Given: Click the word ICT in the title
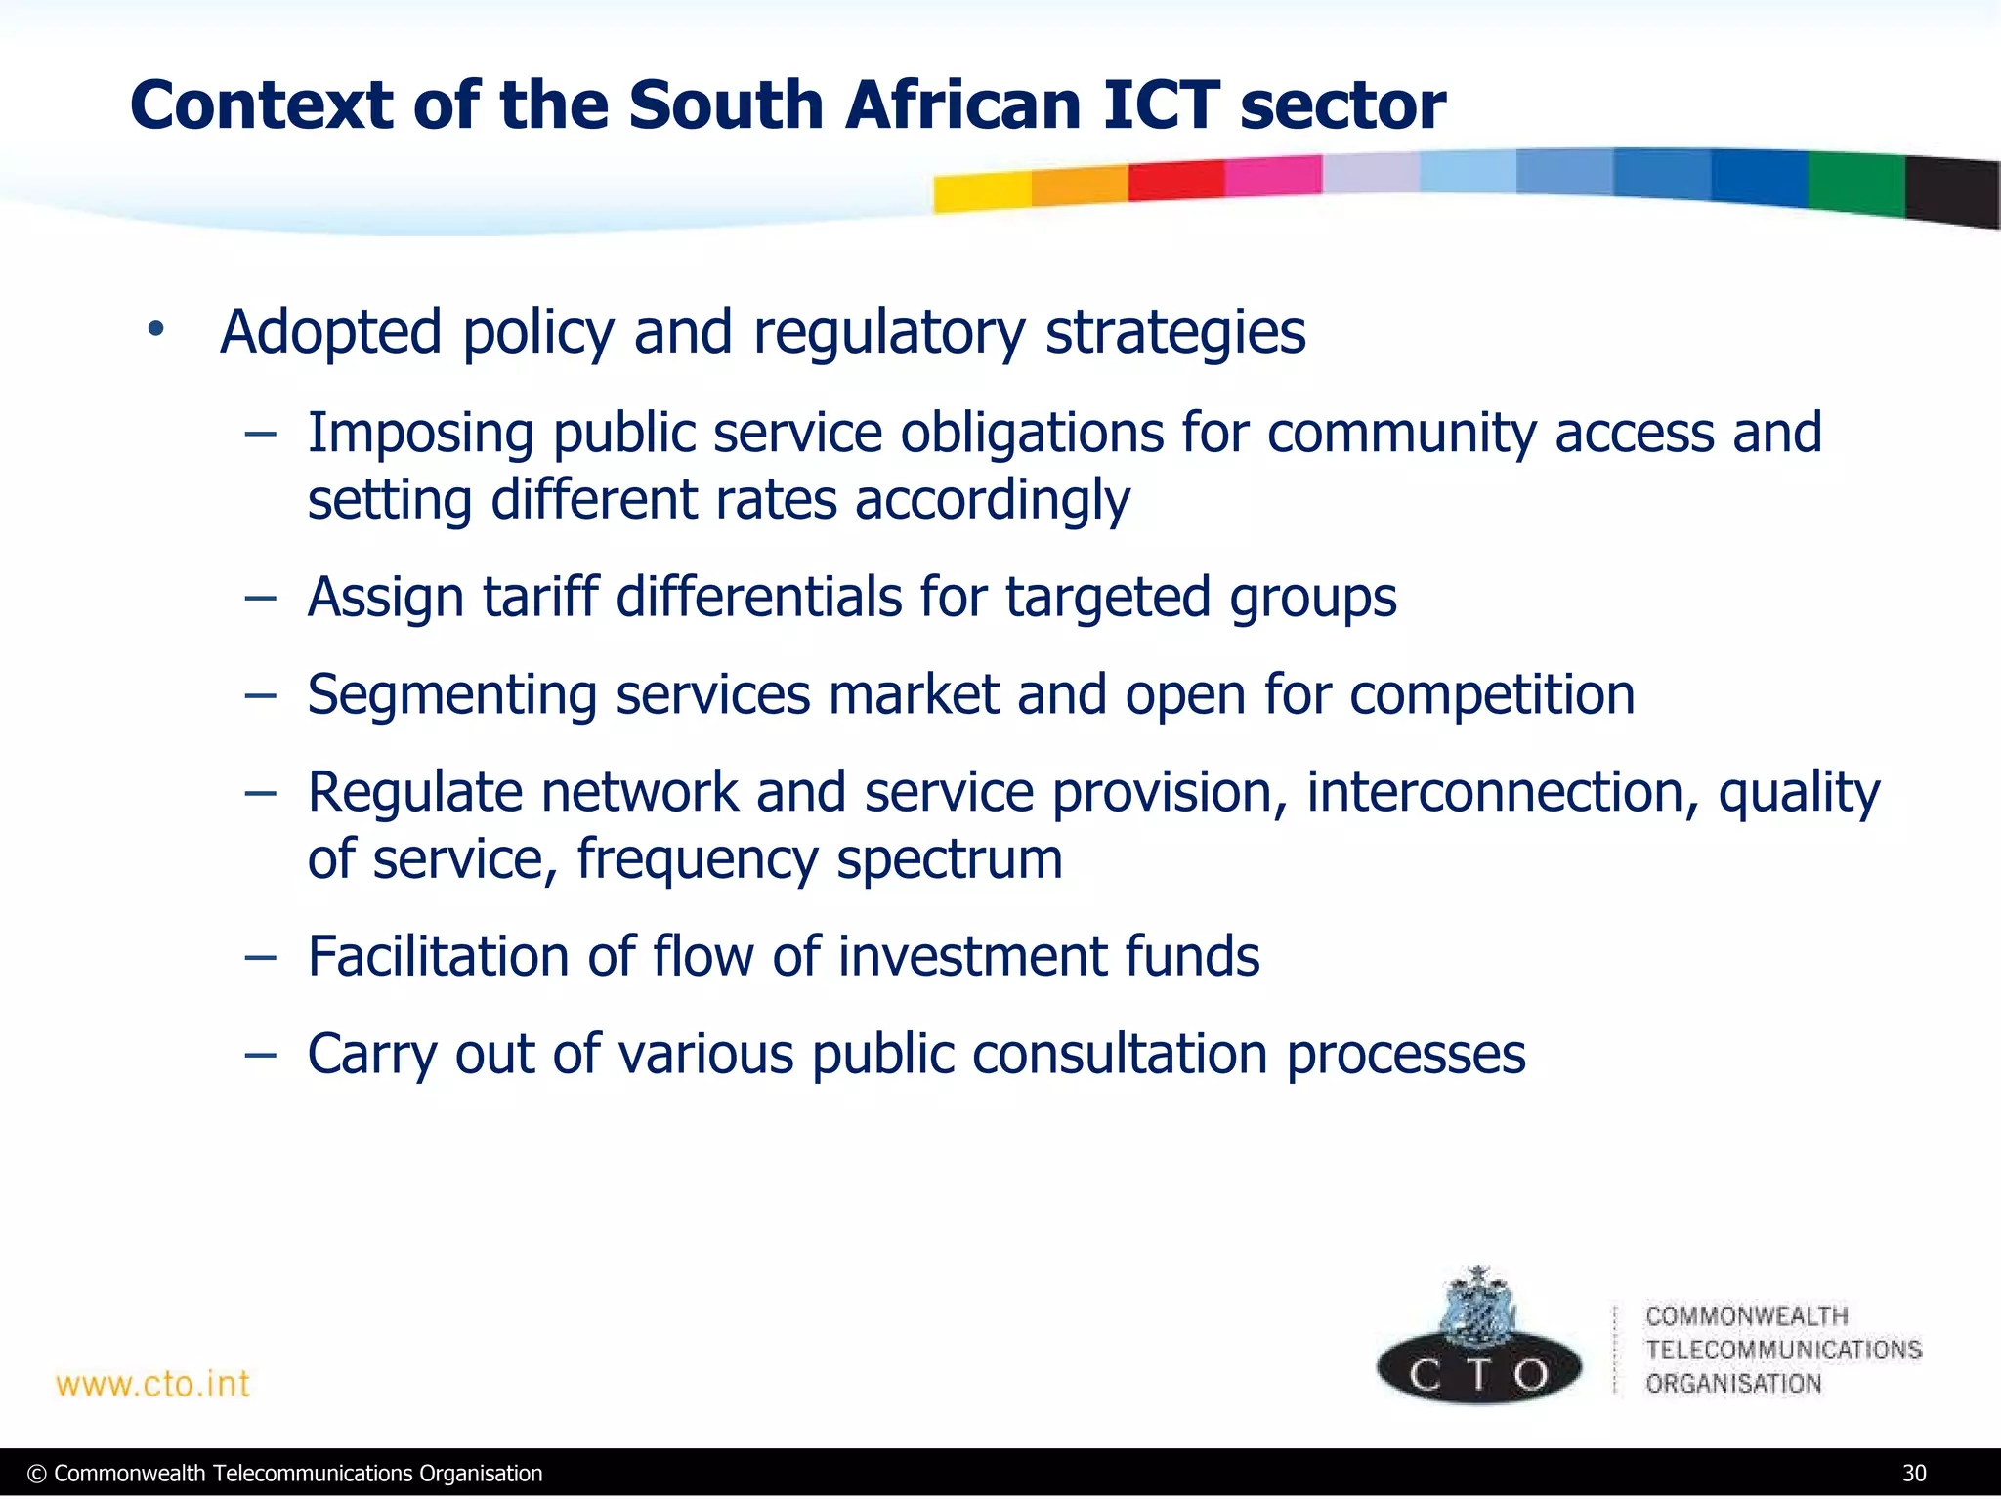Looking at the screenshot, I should [x=1161, y=105].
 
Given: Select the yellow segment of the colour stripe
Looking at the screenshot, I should [x=981, y=191].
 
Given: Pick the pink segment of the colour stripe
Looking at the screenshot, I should [x=1272, y=177].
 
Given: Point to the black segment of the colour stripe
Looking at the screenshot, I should [x=1951, y=191].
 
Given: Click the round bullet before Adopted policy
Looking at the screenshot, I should [x=155, y=330].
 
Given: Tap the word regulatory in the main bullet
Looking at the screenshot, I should [x=888, y=332].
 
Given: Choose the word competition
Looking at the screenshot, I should [x=1492, y=695].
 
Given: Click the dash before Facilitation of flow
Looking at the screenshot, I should [x=260, y=957].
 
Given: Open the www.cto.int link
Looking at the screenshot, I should [x=152, y=1384].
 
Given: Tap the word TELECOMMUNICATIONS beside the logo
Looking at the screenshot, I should [x=1783, y=1350].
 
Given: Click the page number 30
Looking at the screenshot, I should [x=1914, y=1474].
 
